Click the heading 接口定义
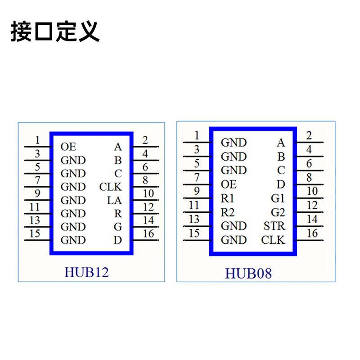[54, 31]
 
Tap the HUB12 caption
[86, 272]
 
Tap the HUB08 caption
[248, 273]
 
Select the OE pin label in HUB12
[68, 147]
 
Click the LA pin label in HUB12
[114, 200]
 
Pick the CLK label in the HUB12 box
[111, 187]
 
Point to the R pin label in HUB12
[118, 214]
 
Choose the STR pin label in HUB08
[274, 226]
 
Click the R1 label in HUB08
[227, 198]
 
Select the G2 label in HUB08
[278, 212]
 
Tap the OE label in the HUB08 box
[229, 184]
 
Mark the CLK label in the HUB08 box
[273, 240]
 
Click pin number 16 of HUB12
[148, 234]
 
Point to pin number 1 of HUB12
[38, 140]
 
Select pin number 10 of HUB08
[312, 191]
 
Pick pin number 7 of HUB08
[197, 177]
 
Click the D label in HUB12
[118, 240]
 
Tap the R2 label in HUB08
[227, 212]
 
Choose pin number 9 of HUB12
[38, 194]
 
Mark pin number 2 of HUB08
[309, 135]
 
